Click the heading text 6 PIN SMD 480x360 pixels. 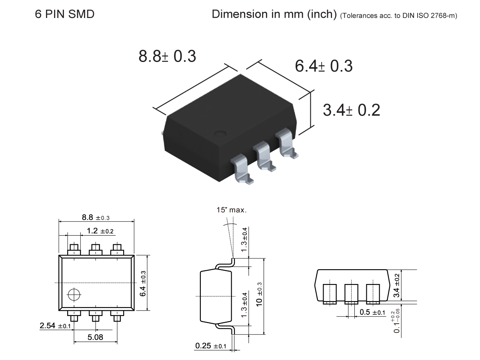(65, 14)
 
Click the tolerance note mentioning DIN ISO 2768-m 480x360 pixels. (398, 16)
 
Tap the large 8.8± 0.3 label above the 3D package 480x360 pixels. (167, 56)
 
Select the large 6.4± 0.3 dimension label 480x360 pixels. (324, 66)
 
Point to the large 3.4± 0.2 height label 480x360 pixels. (351, 110)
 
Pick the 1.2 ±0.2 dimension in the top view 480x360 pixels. (100, 231)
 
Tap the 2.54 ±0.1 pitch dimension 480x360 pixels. (55, 326)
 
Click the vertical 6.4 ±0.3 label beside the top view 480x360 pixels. (143, 283)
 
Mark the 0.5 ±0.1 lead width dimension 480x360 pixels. (372, 312)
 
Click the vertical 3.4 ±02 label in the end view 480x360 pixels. (396, 285)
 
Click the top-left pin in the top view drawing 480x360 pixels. (74, 249)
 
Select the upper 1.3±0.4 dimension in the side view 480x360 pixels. (245, 239)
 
